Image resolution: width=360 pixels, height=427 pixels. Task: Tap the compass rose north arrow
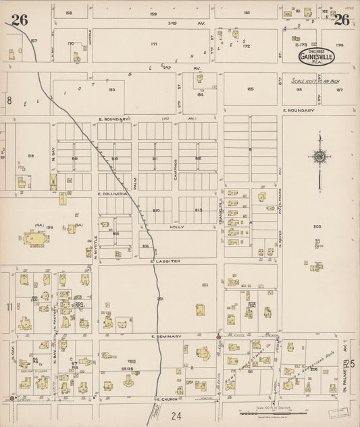pos(319,157)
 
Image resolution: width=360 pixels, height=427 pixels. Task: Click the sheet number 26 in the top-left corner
pos(19,20)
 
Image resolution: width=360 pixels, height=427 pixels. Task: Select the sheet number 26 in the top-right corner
pos(342,20)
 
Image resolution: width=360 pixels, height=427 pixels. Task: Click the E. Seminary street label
pos(161,335)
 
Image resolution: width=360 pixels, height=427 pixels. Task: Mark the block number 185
pos(251,89)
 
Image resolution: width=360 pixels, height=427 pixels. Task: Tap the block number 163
pos(111,89)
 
